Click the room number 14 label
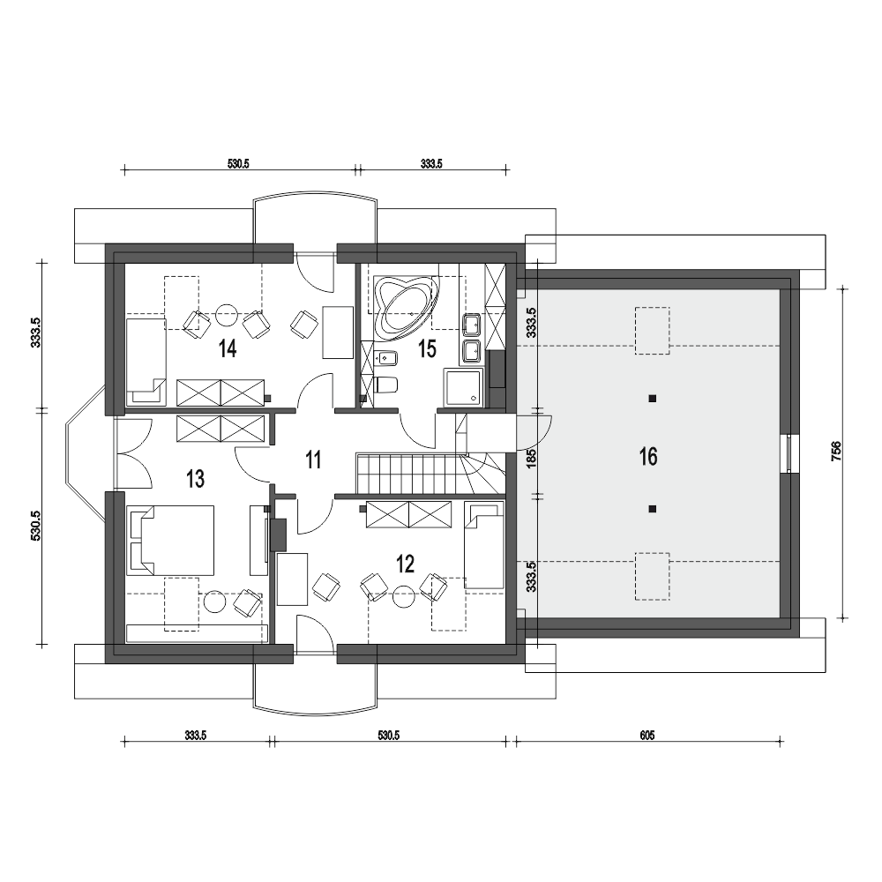coord(228,348)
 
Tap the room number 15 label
coord(427,348)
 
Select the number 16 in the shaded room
coord(648,457)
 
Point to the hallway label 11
coord(313,460)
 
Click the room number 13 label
coord(195,479)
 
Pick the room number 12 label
coord(405,563)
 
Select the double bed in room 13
coord(171,540)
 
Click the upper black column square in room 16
coord(652,399)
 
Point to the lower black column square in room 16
coord(652,509)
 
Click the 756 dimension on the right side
coord(836,452)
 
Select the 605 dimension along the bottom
coord(647,736)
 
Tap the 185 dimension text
coord(532,458)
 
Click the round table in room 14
coord(228,316)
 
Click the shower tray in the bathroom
coord(463,387)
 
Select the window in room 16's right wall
coord(789,454)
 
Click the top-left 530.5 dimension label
coord(238,164)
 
